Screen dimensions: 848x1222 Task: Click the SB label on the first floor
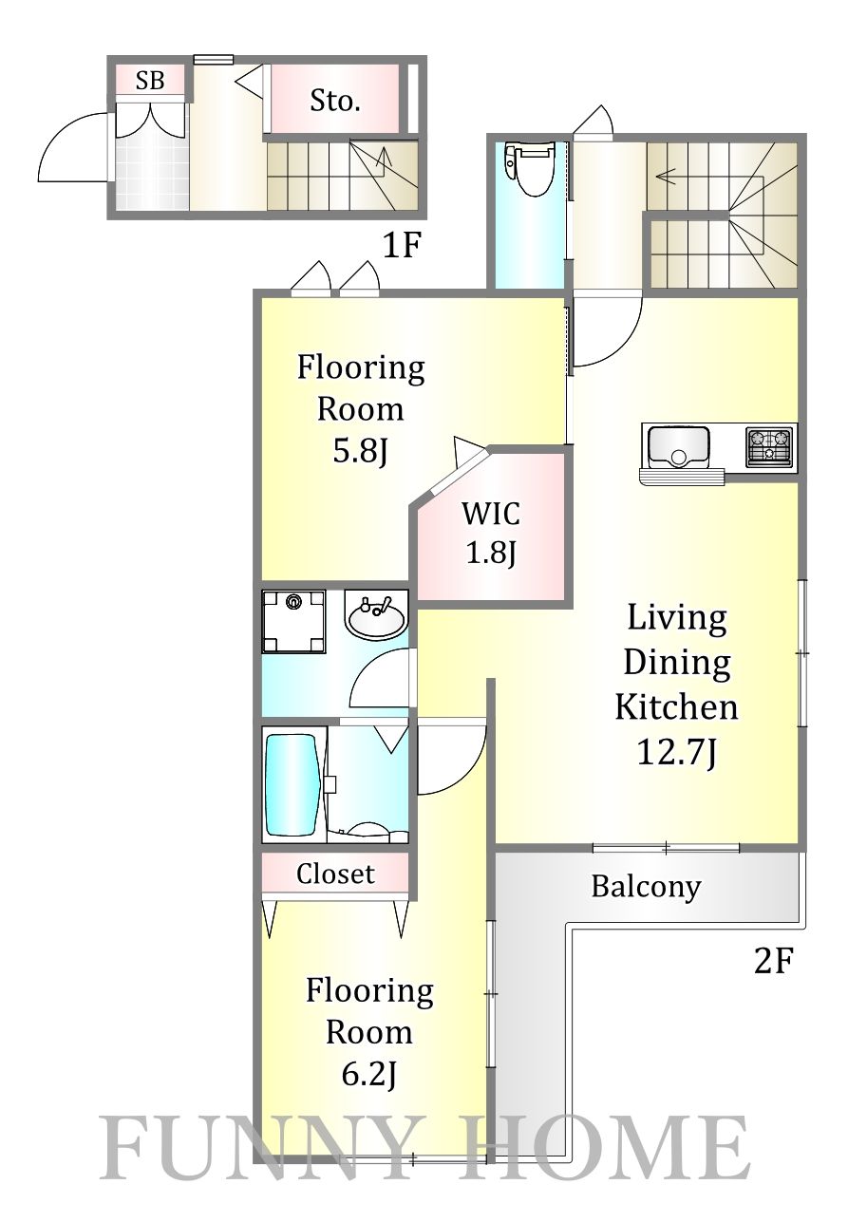tap(150, 81)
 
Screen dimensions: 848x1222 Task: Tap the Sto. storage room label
tap(335, 101)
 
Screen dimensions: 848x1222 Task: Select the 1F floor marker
tap(402, 246)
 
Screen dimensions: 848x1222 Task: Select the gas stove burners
tap(769, 446)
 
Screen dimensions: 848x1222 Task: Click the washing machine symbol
tap(293, 621)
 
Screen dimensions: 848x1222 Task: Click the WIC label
tap(491, 514)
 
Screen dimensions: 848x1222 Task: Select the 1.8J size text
tap(491, 554)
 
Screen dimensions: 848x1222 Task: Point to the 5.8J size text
tap(360, 451)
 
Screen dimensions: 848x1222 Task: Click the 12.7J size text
tap(676, 753)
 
